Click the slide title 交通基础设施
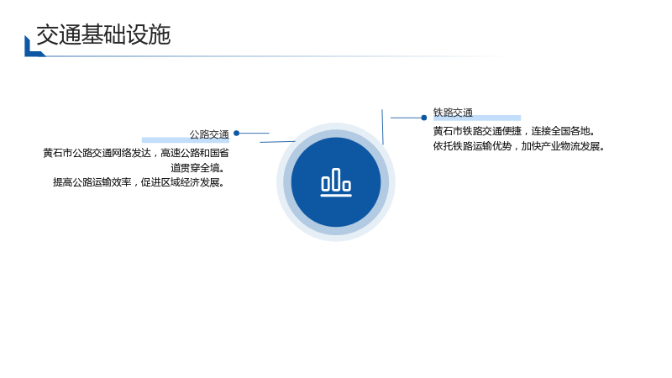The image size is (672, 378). click(x=103, y=34)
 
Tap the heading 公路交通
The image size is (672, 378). click(x=209, y=134)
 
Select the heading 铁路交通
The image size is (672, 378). click(x=453, y=113)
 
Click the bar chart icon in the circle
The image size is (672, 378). click(x=336, y=182)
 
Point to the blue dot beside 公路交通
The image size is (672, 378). click(x=236, y=134)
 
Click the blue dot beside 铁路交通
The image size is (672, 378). click(x=424, y=118)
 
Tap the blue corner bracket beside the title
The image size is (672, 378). click(x=34, y=46)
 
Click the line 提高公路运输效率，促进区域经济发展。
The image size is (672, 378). click(x=139, y=182)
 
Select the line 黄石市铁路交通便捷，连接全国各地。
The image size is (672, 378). click(x=514, y=131)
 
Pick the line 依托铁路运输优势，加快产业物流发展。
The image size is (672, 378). click(x=519, y=146)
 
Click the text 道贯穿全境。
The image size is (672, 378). click(x=197, y=167)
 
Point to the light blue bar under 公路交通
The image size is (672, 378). click(x=186, y=140)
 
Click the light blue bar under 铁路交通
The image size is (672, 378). click(x=477, y=118)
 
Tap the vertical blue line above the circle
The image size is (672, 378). click(x=382, y=127)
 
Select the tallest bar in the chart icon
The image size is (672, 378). click(x=336, y=179)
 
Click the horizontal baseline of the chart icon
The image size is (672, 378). click(x=336, y=196)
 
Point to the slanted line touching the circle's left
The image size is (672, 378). click(x=277, y=141)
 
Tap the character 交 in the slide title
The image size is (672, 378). click(x=47, y=34)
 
